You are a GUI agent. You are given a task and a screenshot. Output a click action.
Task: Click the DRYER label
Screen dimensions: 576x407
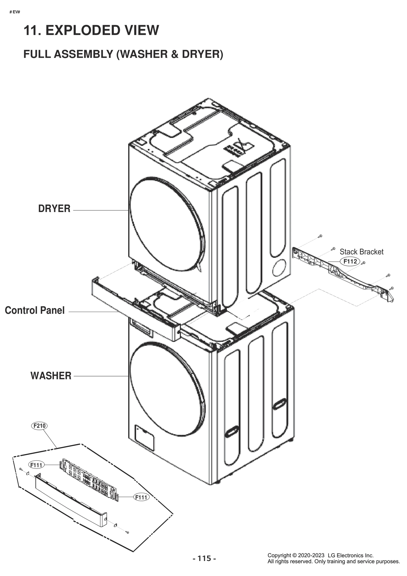pos(54,208)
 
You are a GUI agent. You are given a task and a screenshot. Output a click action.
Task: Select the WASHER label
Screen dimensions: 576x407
pos(51,376)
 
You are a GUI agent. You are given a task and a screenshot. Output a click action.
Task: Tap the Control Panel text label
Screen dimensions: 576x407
pos(35,310)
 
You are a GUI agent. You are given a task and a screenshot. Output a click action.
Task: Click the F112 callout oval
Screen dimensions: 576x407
pos(350,261)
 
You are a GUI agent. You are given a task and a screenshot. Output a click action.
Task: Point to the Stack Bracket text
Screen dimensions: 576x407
pos(361,252)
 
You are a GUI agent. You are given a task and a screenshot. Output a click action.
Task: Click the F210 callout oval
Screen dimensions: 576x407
pos(39,426)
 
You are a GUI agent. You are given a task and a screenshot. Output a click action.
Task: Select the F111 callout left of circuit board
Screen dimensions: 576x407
pos(36,465)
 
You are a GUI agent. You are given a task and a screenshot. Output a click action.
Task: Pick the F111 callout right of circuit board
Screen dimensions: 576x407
pos(141,497)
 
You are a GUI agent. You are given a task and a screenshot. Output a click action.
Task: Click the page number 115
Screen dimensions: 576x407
pos(204,558)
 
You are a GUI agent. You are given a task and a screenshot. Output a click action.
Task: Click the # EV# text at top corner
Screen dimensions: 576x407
pos(15,12)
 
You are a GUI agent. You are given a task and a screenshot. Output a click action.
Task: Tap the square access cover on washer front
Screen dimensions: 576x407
pos(144,437)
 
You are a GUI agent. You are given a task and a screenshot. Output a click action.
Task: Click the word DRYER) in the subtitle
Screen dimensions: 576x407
pos(202,54)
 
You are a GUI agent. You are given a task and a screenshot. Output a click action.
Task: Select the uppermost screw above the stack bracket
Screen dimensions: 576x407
pos(320,236)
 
